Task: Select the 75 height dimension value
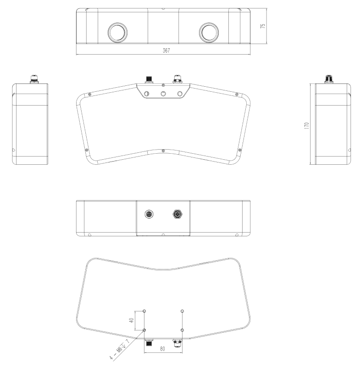(x=263, y=26)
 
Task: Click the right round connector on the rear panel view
(x=177, y=214)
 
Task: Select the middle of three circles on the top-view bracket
(x=163, y=94)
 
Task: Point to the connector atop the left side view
(x=33, y=79)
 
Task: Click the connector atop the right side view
(x=329, y=79)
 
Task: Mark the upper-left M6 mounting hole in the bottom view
(x=144, y=311)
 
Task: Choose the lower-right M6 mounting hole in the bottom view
(x=182, y=330)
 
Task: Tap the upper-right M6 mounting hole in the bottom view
(x=182, y=311)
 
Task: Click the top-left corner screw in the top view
(x=89, y=94)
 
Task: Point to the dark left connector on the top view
(x=149, y=79)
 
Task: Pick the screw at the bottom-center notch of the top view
(x=163, y=149)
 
